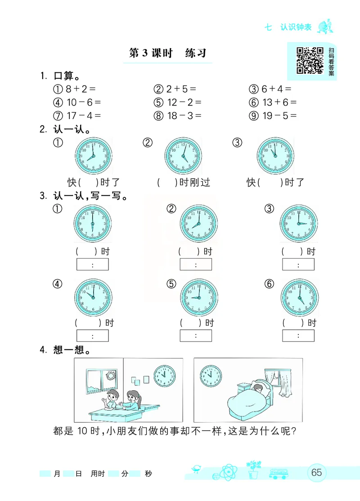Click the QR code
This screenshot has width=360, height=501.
310,60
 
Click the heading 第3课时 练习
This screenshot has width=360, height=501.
167,53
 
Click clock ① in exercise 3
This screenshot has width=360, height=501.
92,224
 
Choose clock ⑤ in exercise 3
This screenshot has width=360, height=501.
199,297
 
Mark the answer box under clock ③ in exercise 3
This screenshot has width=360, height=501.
298,264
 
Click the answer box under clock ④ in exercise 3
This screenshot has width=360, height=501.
93,335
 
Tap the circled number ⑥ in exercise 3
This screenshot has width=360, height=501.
269,284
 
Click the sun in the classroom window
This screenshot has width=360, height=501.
110,376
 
